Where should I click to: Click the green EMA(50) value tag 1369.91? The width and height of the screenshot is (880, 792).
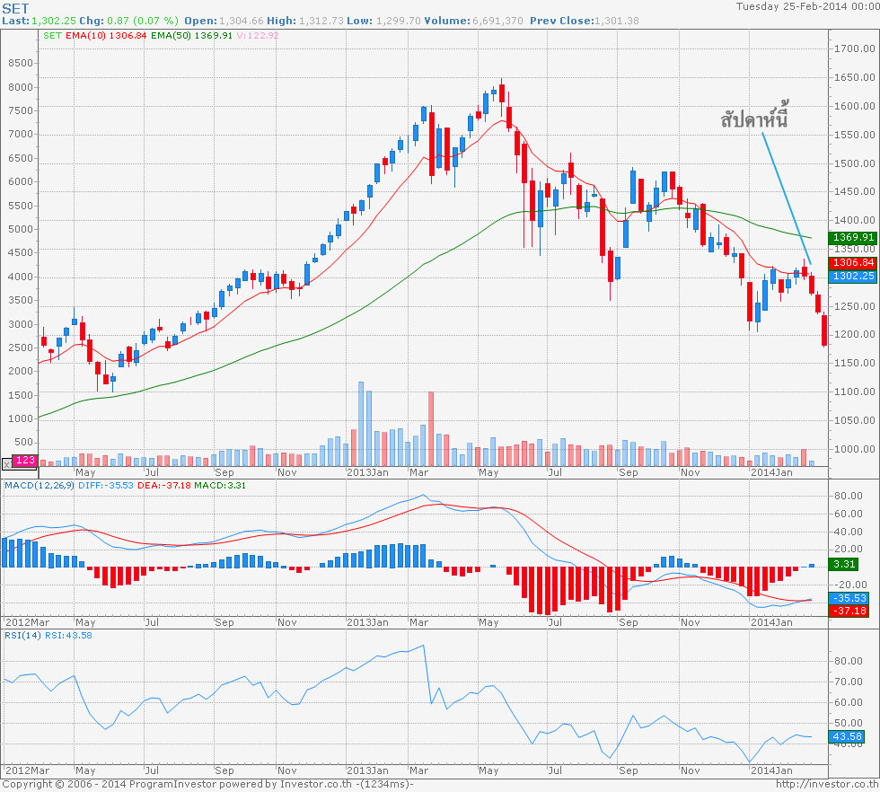click(x=852, y=238)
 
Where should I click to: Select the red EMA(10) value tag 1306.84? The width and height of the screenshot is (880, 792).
click(x=852, y=262)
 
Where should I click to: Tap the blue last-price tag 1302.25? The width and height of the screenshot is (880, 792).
click(x=852, y=277)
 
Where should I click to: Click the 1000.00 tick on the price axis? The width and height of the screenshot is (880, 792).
click(x=853, y=449)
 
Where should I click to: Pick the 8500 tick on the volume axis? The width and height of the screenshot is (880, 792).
click(x=19, y=64)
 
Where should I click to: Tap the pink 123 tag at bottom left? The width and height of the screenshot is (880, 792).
click(x=25, y=461)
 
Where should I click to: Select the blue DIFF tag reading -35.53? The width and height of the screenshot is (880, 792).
click(x=849, y=597)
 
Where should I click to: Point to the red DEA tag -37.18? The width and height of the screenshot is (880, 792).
click(x=849, y=611)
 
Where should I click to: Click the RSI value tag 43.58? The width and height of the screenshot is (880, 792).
click(x=847, y=736)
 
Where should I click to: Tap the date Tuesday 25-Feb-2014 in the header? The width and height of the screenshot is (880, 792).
click(x=806, y=6)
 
